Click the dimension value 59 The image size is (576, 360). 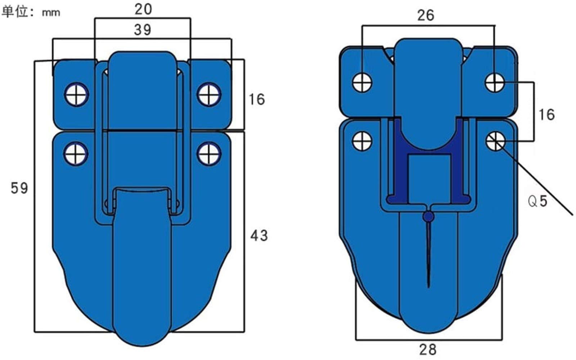(x=19, y=188)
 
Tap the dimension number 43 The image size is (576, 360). (x=259, y=235)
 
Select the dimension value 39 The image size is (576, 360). (x=143, y=30)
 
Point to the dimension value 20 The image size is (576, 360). (x=143, y=9)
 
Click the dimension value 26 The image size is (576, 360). (x=426, y=15)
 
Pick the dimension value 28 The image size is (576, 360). (x=428, y=350)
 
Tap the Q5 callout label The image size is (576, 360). (x=537, y=201)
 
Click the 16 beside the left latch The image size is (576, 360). (x=257, y=99)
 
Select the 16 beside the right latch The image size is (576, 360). (x=547, y=114)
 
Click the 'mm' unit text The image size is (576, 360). (x=51, y=13)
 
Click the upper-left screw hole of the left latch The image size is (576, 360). (x=76, y=94)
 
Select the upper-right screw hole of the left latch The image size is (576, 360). (x=209, y=94)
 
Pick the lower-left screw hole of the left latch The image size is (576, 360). (x=76, y=154)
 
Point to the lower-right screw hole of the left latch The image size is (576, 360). (x=209, y=154)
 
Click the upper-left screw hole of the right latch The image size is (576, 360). (x=362, y=82)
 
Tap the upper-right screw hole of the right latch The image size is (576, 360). (x=495, y=82)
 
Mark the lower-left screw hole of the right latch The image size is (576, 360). (x=362, y=141)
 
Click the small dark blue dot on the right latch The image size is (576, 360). (x=428, y=216)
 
